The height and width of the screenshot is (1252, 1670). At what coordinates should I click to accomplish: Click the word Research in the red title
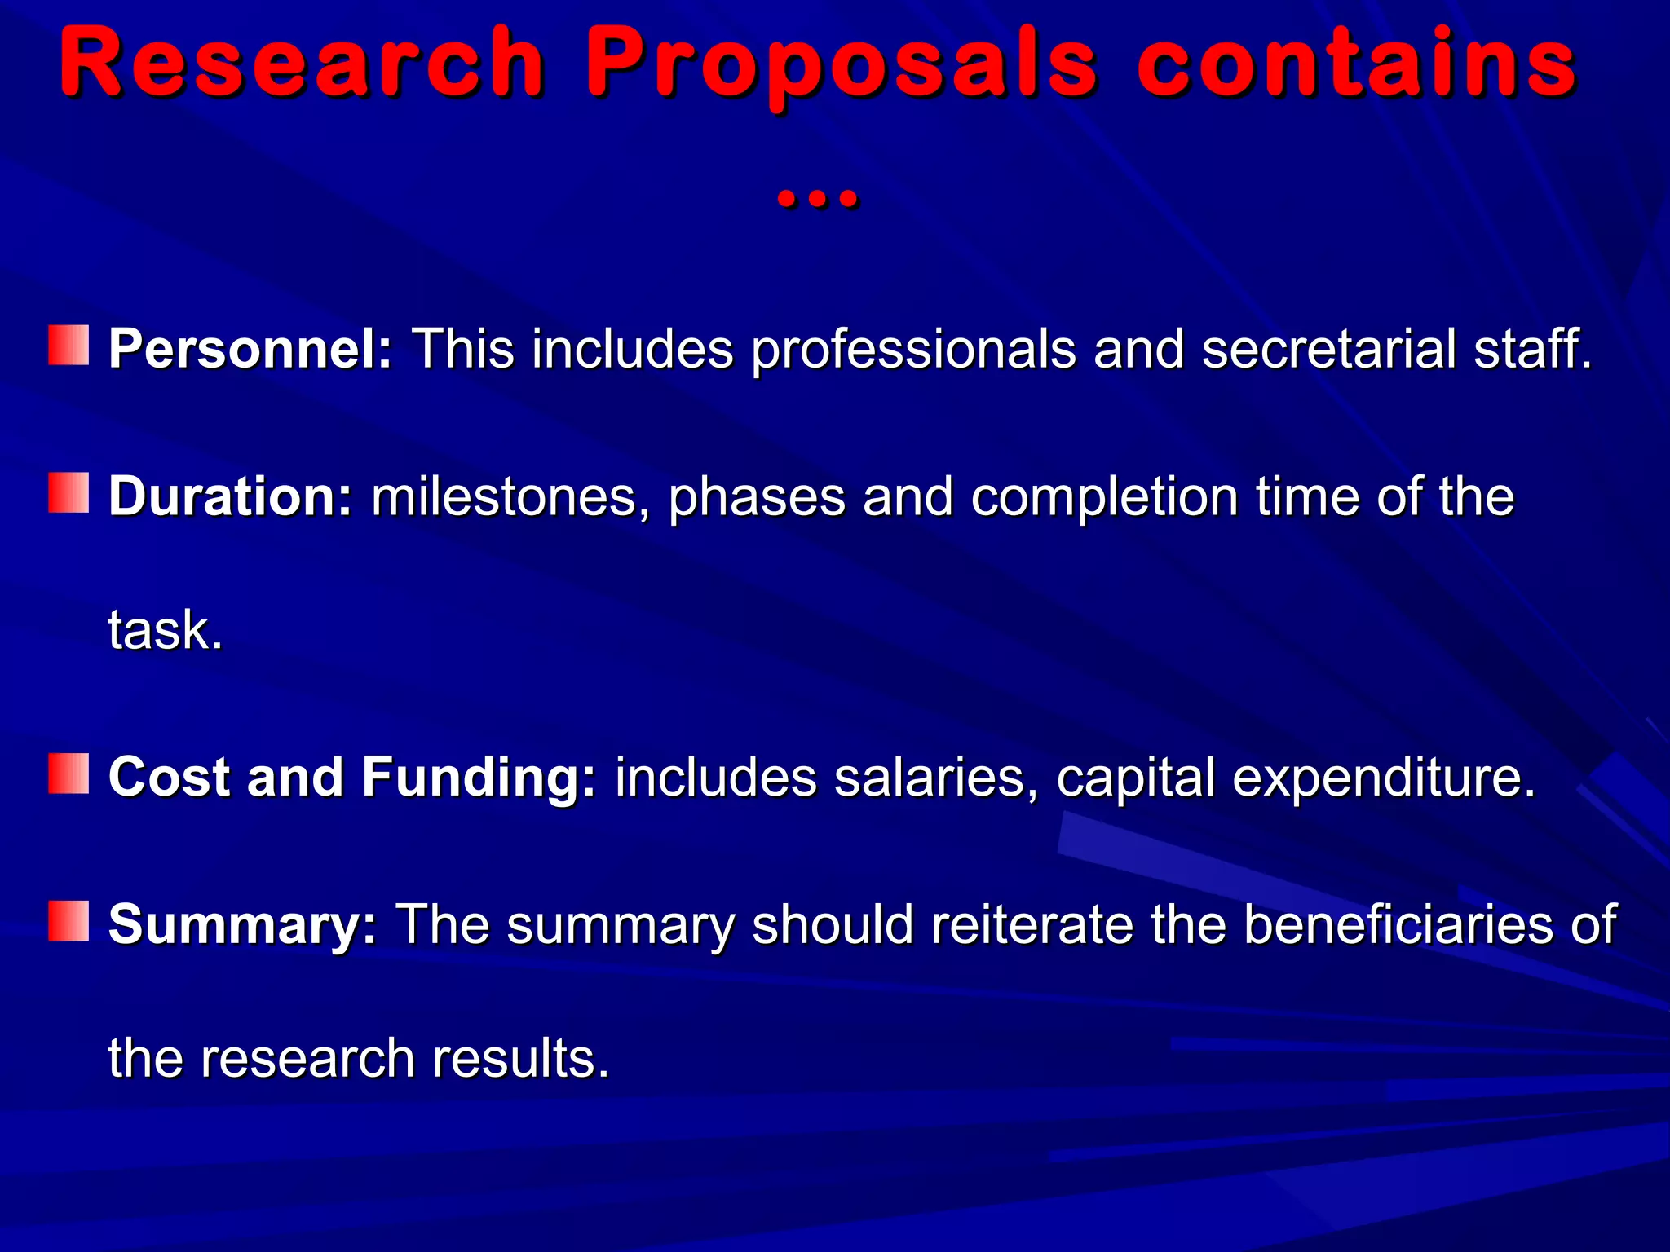[302, 64]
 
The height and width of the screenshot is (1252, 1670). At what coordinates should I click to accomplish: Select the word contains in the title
[1355, 64]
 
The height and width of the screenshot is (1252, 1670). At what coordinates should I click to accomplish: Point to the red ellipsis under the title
[817, 198]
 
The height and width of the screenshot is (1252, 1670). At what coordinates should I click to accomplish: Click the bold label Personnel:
[251, 349]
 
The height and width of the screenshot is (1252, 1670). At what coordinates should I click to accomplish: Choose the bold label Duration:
[231, 496]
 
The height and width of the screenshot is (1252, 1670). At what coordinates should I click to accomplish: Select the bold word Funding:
[479, 776]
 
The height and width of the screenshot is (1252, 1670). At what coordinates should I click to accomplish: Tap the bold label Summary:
[243, 924]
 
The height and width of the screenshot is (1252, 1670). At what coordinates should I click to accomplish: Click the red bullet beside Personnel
[68, 346]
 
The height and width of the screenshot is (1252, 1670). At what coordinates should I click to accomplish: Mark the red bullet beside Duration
[68, 493]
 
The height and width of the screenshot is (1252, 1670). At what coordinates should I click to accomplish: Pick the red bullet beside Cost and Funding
[68, 773]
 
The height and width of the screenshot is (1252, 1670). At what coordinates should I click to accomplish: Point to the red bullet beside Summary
[68, 921]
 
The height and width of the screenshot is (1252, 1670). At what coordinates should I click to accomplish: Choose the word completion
[1104, 497]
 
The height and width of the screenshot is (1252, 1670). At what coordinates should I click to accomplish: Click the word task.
[166, 630]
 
